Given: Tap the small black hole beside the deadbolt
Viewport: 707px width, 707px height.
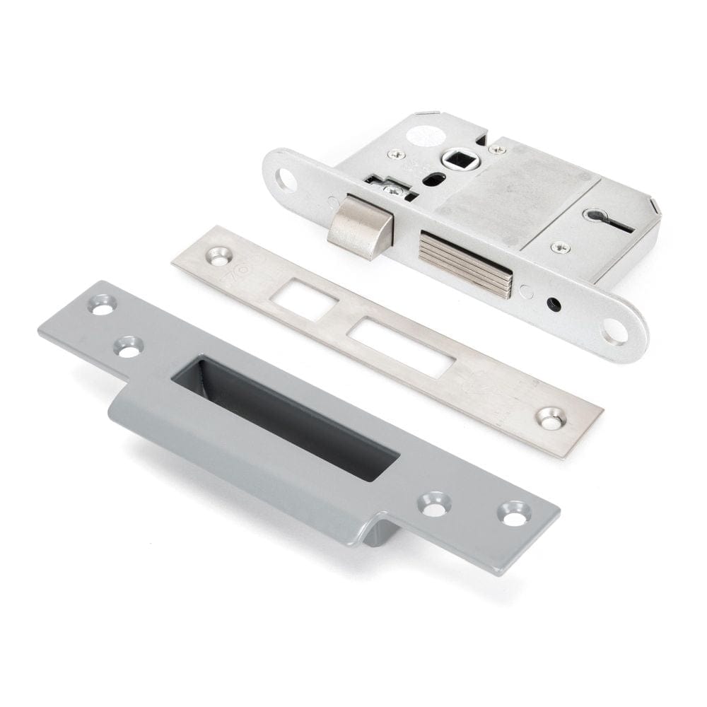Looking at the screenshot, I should pyautogui.click(x=554, y=305).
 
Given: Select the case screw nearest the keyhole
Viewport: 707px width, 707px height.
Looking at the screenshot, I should pyautogui.click(x=560, y=247).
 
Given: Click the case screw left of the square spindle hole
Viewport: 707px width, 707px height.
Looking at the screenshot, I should pyautogui.click(x=397, y=155).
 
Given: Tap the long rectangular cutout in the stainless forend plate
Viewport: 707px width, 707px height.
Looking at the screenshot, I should pyautogui.click(x=402, y=347).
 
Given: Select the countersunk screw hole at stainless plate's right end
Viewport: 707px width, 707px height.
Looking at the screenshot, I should pyautogui.click(x=551, y=418).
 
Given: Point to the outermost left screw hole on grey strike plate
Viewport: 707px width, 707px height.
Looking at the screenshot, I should pyautogui.click(x=103, y=305).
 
